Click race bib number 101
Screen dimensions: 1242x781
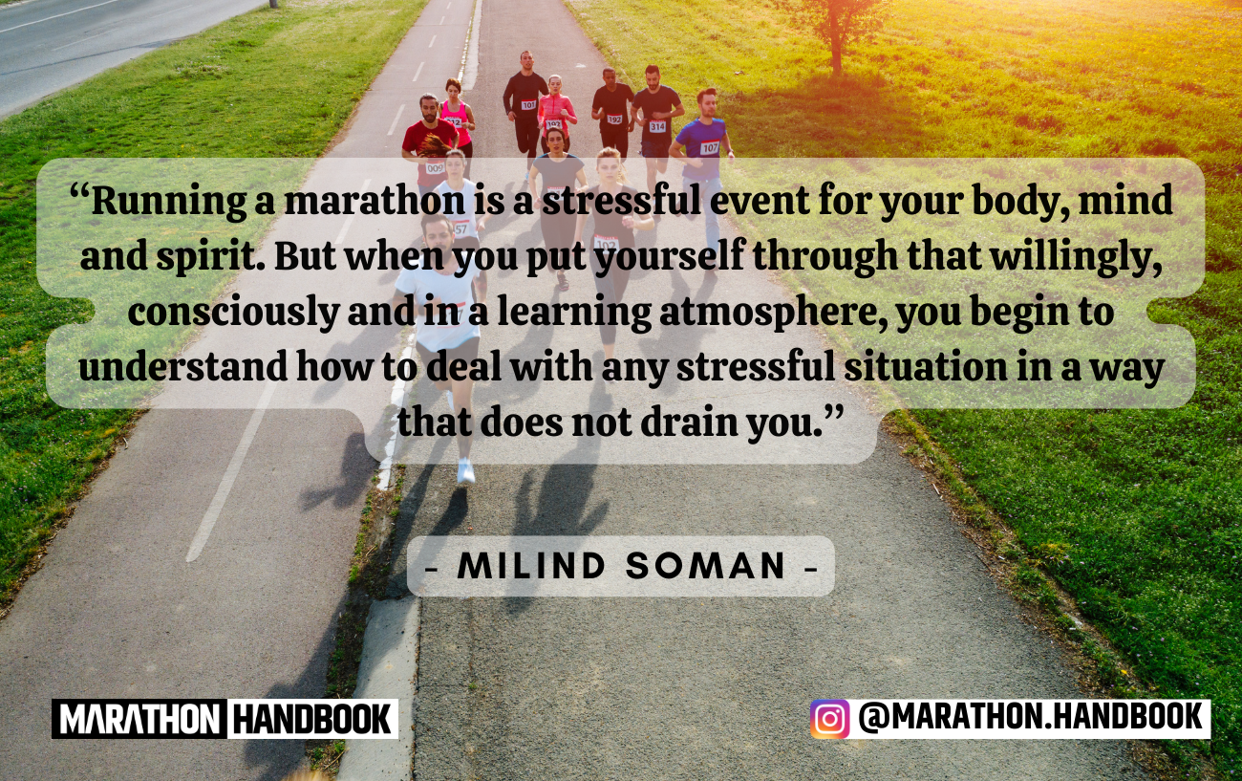[528, 104]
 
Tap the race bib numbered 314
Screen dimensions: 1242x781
[657, 126]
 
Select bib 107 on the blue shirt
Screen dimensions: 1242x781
[709, 147]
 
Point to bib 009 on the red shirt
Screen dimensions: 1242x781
[436, 167]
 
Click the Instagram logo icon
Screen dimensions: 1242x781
[829, 719]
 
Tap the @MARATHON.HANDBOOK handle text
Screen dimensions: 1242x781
[1030, 717]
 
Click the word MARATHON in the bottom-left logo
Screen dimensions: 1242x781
[139, 720]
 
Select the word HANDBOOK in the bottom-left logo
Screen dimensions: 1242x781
[312, 720]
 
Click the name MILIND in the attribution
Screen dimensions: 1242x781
[530, 566]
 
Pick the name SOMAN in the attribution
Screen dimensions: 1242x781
[705, 566]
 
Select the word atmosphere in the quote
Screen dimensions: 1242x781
[774, 313]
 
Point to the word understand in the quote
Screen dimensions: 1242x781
[183, 367]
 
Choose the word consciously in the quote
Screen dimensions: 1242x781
[233, 313]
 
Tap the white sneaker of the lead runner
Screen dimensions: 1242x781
[465, 471]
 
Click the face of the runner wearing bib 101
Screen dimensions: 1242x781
[526, 60]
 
